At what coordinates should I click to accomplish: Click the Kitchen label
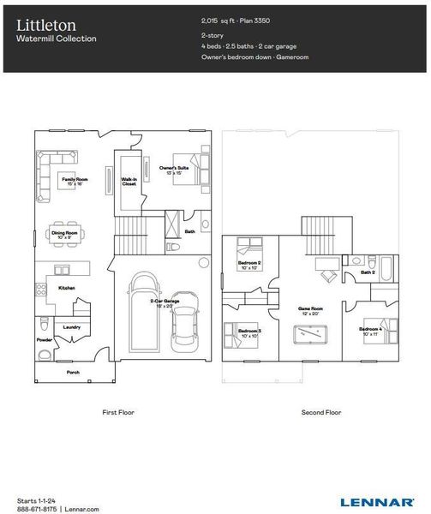click(x=67, y=288)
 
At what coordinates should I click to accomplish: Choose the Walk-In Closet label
click(x=129, y=182)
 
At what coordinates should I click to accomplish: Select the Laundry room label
click(x=72, y=326)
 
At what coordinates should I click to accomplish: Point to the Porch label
click(x=74, y=372)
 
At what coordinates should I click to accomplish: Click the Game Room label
click(x=309, y=307)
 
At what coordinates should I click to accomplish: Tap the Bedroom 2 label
click(x=249, y=264)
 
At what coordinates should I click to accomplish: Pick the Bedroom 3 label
click(x=249, y=332)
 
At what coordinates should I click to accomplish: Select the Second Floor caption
click(x=321, y=412)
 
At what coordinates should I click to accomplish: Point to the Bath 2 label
click(x=368, y=272)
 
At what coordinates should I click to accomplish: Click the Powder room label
click(x=45, y=339)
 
